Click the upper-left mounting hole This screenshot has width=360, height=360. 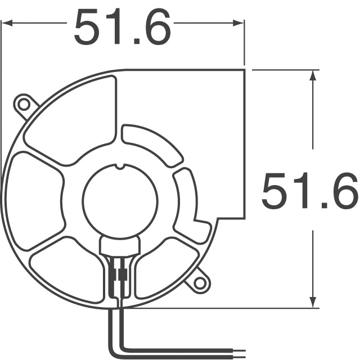[24, 104]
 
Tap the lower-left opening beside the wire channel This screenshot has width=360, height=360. [67, 270]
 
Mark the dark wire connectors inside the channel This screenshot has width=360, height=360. [119, 276]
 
